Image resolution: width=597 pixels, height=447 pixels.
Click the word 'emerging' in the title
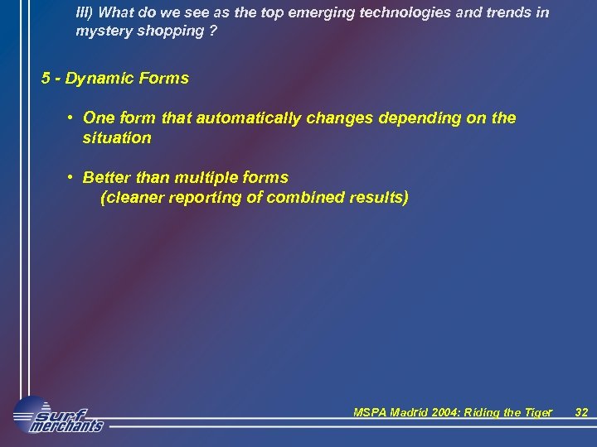click(x=313, y=13)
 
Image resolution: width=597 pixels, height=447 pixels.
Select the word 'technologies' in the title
click(x=391, y=13)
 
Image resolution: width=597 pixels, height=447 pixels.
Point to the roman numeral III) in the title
click(x=85, y=13)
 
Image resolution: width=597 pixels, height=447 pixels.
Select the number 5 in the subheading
click(x=46, y=79)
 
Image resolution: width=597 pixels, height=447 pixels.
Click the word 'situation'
click(x=117, y=138)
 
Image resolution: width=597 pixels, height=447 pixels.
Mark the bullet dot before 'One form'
click(x=72, y=118)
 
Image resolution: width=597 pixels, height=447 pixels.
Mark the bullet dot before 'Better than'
click(x=72, y=177)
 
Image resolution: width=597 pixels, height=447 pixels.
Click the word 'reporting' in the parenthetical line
click(x=188, y=198)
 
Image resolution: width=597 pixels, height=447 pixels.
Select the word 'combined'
click(x=308, y=198)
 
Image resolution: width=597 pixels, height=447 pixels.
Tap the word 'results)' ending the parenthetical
click(x=380, y=198)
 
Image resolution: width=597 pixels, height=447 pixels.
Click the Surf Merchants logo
click(x=58, y=414)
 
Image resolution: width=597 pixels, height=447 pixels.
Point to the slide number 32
click(x=581, y=412)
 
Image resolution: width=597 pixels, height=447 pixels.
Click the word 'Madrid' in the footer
click(x=411, y=412)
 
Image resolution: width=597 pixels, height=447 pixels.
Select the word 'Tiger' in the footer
click(x=534, y=412)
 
